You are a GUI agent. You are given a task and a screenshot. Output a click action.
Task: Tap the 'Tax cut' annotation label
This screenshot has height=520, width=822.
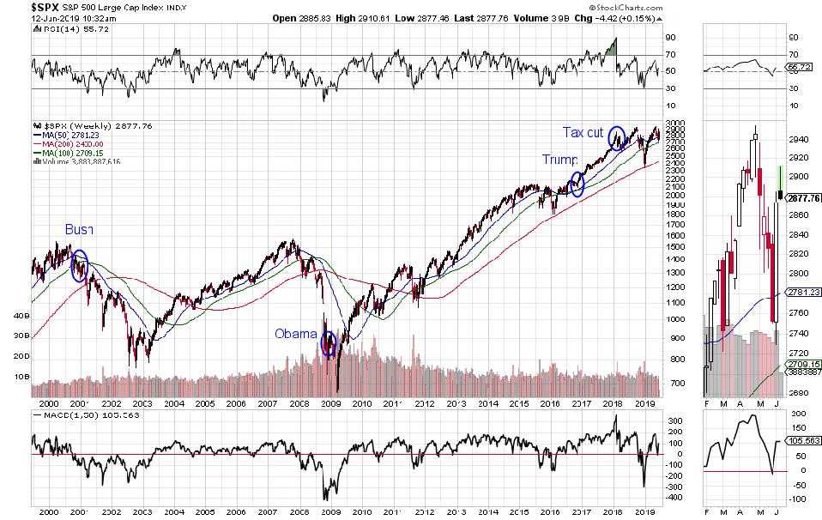pyautogui.click(x=583, y=132)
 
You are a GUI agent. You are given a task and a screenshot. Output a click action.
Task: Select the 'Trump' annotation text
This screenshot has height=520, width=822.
pyautogui.click(x=558, y=160)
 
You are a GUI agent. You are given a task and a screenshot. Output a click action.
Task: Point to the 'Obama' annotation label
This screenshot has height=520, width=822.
pyautogui.click(x=296, y=334)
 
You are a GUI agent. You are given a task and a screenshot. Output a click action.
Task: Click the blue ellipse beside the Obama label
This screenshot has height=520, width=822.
pyautogui.click(x=328, y=344)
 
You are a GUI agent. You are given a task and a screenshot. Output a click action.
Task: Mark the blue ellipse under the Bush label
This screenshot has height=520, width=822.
pyautogui.click(x=80, y=266)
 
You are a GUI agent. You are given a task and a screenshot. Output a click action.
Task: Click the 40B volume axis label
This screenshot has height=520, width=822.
pyautogui.click(x=21, y=315)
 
